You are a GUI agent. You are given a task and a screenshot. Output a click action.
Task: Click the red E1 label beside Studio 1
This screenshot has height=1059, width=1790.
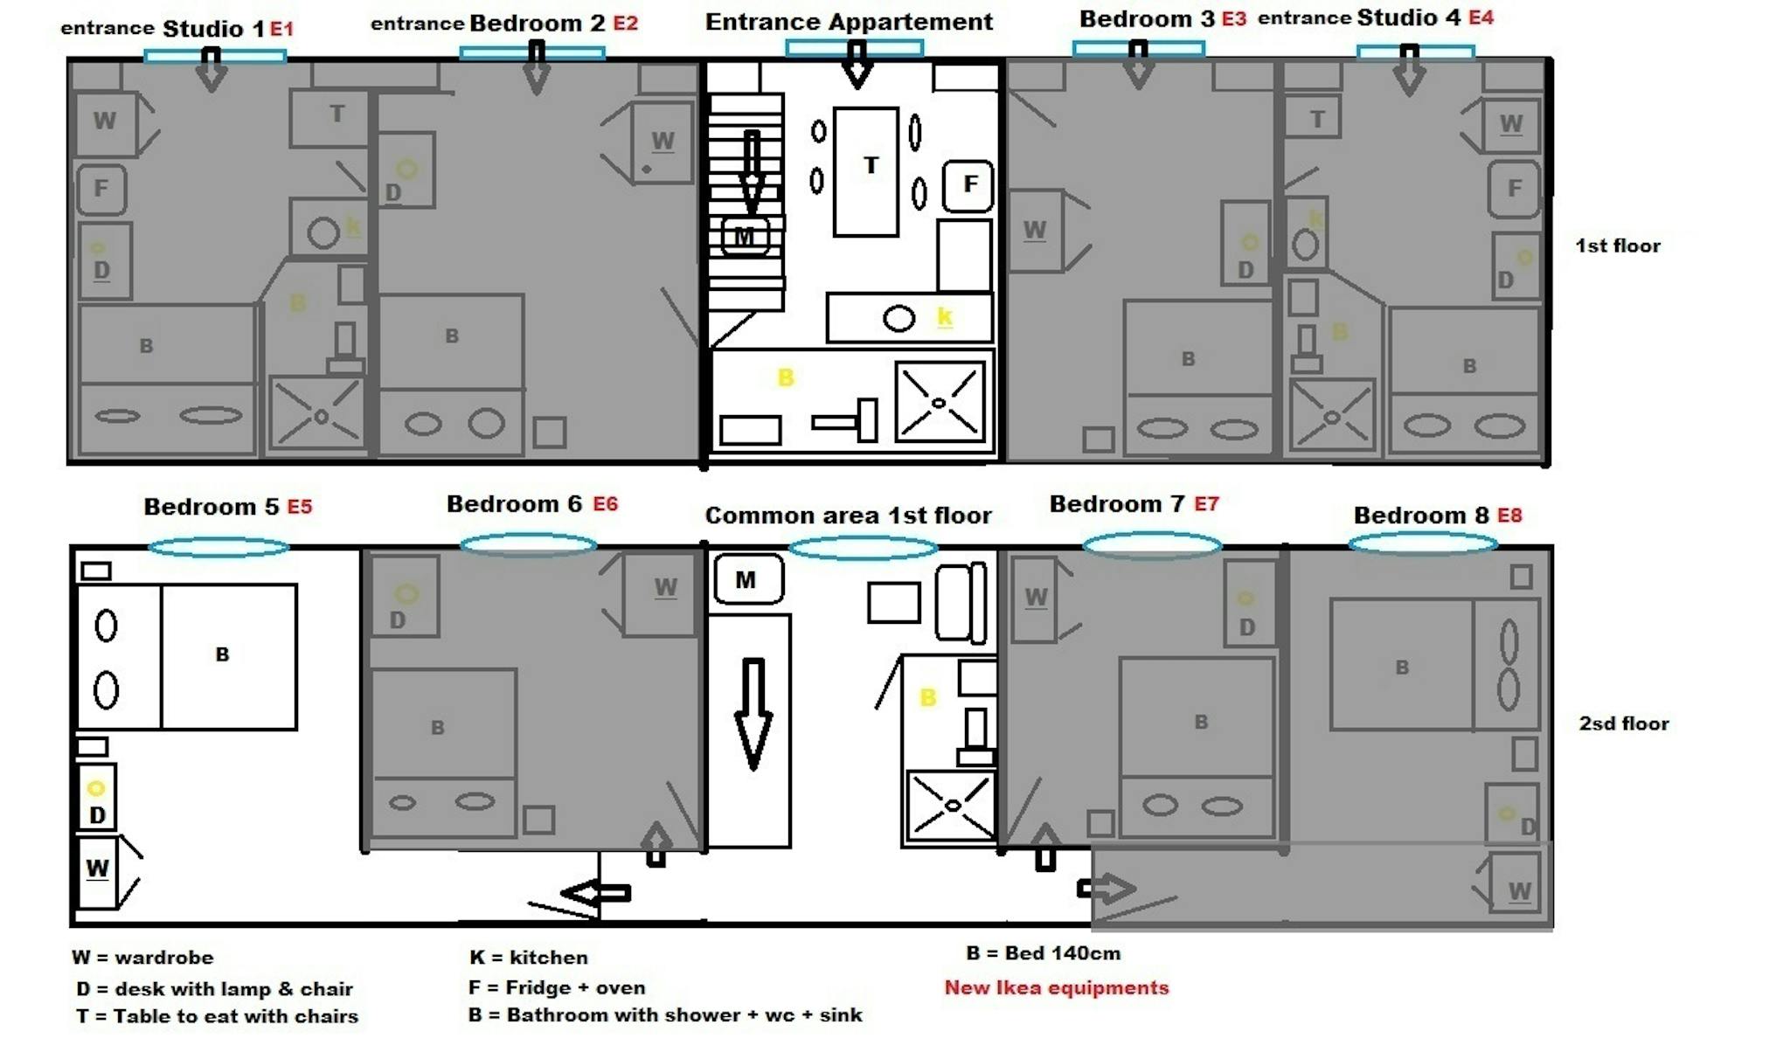click(281, 29)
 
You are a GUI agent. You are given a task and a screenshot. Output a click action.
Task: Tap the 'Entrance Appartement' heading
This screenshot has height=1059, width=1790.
click(849, 22)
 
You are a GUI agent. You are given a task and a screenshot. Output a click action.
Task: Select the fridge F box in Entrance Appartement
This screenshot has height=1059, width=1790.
click(968, 185)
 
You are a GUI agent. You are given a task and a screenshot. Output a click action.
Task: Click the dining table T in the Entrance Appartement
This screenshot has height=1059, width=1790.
click(866, 171)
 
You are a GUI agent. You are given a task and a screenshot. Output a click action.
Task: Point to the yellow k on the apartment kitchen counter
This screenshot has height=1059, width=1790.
click(944, 316)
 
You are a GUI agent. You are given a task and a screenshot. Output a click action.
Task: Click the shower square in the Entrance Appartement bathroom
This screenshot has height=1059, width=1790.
click(940, 403)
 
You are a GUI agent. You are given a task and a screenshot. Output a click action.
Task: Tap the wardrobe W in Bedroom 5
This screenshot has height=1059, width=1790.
click(97, 871)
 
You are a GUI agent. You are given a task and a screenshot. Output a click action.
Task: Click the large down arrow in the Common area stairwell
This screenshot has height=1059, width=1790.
click(753, 712)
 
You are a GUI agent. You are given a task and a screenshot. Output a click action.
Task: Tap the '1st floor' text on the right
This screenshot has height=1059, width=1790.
click(1617, 246)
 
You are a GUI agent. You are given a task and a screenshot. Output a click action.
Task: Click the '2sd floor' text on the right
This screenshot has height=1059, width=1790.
click(1623, 723)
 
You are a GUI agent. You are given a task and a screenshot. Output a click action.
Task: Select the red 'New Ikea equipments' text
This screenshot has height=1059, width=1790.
click(1056, 987)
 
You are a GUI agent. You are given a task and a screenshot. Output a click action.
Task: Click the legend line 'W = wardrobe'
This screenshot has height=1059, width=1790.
click(142, 958)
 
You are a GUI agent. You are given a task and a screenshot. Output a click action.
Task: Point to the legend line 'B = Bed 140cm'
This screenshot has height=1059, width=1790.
click(1043, 953)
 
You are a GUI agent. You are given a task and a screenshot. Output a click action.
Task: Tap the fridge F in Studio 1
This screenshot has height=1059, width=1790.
click(102, 189)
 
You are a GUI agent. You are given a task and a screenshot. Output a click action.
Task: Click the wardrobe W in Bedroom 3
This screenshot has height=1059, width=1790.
click(1036, 231)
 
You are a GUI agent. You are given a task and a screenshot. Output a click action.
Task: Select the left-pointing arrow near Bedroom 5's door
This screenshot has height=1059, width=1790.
click(596, 893)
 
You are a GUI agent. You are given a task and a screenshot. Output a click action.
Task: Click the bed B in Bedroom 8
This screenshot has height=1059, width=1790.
click(1402, 666)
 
